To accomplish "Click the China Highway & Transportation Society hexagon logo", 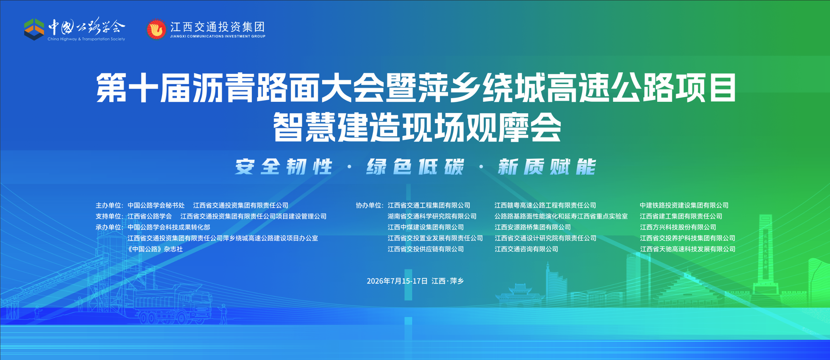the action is point(34,30).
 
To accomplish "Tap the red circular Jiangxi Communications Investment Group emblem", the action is point(156,29).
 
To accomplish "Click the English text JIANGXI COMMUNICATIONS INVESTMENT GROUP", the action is point(218,36).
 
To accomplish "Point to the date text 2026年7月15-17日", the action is point(397,281).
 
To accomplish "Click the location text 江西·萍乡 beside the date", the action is point(448,281).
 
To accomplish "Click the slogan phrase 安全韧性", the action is point(284,167).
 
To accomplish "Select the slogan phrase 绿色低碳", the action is point(415,167).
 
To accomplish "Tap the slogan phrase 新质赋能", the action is point(547,167).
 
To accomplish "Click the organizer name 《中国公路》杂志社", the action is point(155,249).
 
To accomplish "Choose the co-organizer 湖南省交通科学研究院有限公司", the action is point(432,216).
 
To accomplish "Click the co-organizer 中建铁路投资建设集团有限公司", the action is point(684,205).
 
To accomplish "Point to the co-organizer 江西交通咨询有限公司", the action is point(527,249).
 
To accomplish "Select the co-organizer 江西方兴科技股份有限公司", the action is point(678,227).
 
